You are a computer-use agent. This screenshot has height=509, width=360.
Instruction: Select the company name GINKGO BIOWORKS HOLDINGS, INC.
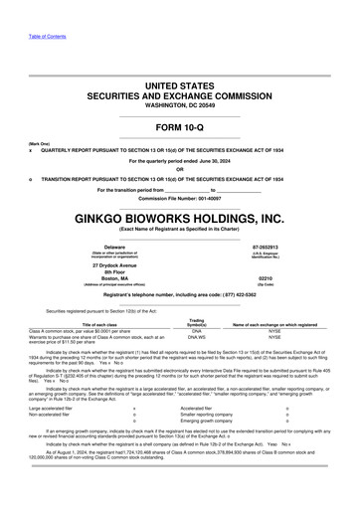[x=179, y=217]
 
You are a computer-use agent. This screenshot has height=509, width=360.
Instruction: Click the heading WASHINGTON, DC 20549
[x=179, y=103]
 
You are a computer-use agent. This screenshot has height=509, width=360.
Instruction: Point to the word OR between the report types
[x=179, y=168]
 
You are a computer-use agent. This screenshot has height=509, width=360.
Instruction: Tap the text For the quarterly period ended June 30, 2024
[x=179, y=159]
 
